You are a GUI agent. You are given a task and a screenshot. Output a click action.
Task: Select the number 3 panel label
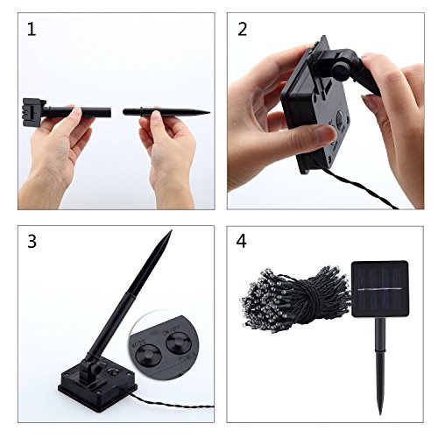pos(32,242)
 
